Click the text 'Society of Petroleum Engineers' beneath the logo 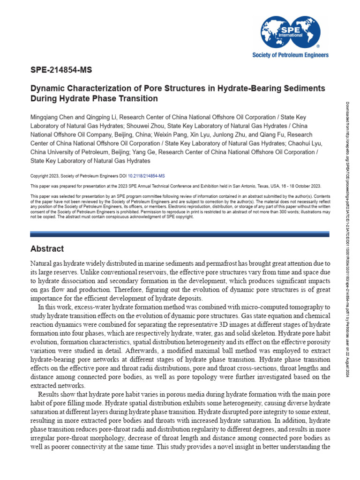click(x=291, y=55)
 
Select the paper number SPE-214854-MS click(x=61, y=71)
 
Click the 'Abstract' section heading click(x=47, y=248)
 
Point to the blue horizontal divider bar click(x=180, y=233)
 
